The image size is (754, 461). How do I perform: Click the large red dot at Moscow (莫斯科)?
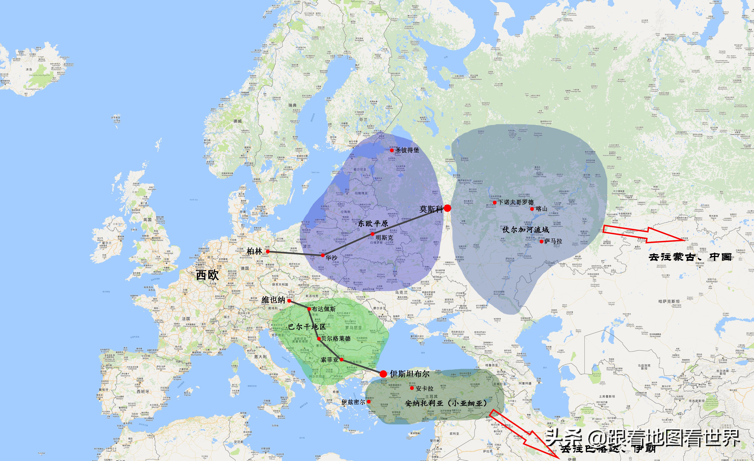coord(447,208)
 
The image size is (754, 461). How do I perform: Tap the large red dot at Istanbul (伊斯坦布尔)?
coord(383,374)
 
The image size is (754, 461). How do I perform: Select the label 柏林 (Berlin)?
coord(254,251)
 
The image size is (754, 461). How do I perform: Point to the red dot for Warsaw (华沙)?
coord(323,255)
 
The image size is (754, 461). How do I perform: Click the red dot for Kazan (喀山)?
coord(532,209)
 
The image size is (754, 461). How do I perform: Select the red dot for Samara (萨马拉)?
coord(541,241)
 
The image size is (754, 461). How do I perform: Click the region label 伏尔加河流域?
coord(526,230)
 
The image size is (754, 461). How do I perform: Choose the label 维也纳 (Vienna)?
coord(273,300)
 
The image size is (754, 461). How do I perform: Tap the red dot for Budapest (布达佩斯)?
coord(309,309)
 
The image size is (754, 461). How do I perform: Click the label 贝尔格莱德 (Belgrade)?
coord(336,339)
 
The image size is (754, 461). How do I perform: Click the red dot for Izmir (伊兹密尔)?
coord(369,402)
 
